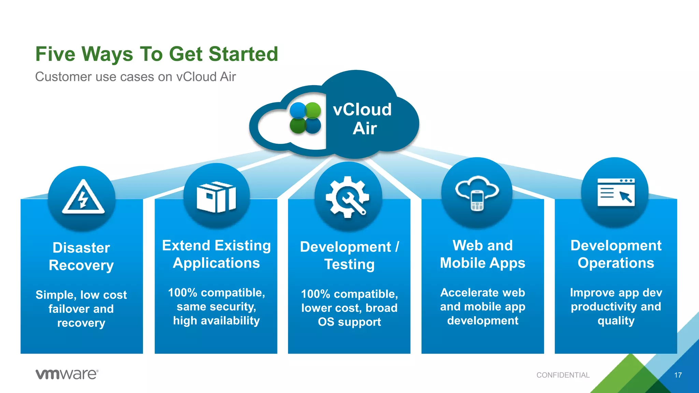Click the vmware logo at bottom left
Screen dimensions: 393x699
coord(67,374)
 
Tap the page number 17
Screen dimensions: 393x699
coord(678,375)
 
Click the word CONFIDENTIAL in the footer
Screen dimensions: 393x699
coord(563,375)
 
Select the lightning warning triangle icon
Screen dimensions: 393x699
coord(83,198)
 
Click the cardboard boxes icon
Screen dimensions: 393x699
coord(216,197)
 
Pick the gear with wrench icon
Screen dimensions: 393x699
coord(347,197)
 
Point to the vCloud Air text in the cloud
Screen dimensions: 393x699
coord(363,119)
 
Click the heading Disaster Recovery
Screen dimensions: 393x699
coord(81,257)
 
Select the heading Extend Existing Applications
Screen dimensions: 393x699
coord(216,254)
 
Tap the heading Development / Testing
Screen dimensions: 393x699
coord(349,256)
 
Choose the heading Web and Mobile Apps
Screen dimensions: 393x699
coord(482,254)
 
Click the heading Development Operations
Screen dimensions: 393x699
coord(616,254)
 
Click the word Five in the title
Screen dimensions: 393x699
coord(55,54)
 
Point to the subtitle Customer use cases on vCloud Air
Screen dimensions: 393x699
coord(135,77)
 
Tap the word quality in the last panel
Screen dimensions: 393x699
coord(616,321)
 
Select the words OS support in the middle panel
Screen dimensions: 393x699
coord(349,322)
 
